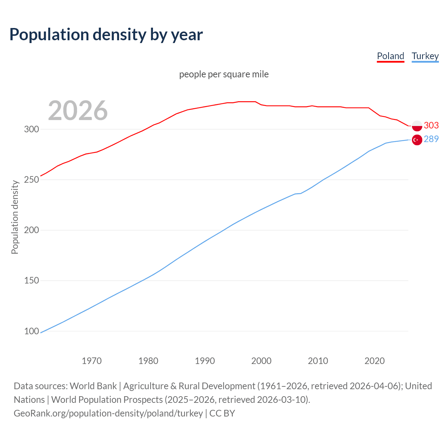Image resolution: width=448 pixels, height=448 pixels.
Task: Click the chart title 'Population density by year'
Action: pos(106,35)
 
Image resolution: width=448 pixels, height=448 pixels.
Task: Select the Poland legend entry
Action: pos(390,56)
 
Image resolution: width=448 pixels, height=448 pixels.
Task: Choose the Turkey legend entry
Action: pos(425,56)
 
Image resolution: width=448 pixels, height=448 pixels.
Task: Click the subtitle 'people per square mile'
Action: pos(224,74)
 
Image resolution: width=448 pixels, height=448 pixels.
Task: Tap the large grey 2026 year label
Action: pos(78,111)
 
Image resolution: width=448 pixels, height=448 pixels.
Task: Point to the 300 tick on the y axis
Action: pos(31,129)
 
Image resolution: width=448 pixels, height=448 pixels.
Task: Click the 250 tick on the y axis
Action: pos(31,180)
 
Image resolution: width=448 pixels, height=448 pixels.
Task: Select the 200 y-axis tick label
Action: pos(31,230)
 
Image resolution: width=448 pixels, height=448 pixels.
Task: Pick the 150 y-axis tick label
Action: pos(31,281)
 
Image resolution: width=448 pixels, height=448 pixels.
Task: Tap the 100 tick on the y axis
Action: pos(31,331)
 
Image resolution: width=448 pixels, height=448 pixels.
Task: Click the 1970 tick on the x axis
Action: pos(92,361)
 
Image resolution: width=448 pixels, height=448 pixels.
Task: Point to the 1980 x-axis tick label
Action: pos(148,361)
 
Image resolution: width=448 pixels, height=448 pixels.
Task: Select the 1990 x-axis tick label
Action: pos(205,361)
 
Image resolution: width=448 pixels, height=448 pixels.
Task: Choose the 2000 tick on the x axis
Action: pos(261,361)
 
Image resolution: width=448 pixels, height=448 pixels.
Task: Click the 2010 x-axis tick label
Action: pos(318,361)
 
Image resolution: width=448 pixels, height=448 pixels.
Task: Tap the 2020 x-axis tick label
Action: pos(374,361)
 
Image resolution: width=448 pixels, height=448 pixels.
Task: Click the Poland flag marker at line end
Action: pos(417,126)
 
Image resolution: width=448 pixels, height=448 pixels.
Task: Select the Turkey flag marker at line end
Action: pos(417,140)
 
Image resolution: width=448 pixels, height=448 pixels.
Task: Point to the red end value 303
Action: pos(431,125)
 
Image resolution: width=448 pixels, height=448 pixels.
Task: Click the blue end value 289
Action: pos(431,139)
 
